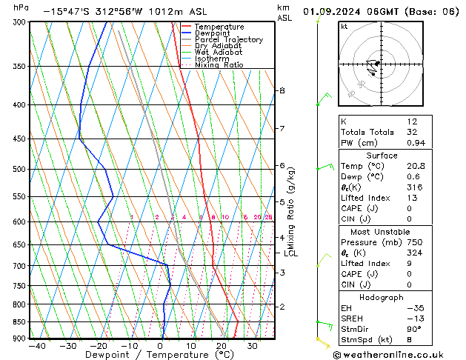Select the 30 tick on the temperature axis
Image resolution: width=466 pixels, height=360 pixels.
tap(252, 346)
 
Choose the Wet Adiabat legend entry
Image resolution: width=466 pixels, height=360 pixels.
tap(218, 53)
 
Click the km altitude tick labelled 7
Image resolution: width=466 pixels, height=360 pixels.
tap(282, 129)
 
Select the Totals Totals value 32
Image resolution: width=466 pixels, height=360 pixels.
tap(412, 132)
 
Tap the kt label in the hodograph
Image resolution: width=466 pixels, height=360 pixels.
tap(344, 27)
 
